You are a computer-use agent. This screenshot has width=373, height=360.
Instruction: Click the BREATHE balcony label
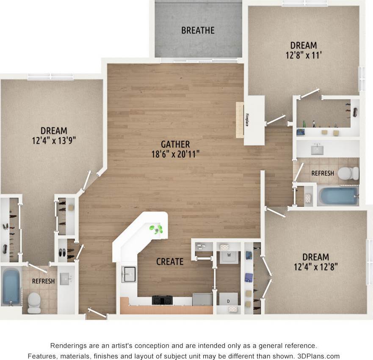(198, 30)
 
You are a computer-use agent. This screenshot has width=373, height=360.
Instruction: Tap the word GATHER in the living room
(175, 144)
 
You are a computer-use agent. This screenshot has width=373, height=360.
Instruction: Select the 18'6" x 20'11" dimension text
(175, 154)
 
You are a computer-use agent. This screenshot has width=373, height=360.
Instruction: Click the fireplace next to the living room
(240, 120)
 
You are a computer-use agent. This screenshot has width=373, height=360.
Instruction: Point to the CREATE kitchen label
(170, 262)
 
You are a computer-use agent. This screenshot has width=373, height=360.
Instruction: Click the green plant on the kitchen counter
(156, 229)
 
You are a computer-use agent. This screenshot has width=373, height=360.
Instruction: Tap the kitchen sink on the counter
(128, 274)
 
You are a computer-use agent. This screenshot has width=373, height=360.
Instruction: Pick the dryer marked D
(229, 299)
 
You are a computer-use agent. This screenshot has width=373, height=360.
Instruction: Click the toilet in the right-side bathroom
(349, 173)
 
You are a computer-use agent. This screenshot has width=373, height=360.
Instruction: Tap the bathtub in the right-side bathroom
(338, 196)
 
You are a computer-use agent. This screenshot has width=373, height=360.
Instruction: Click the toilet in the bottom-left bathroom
(34, 302)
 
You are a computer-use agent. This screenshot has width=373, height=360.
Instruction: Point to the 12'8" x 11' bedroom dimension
(304, 55)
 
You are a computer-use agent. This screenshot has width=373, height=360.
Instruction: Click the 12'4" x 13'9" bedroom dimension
(54, 140)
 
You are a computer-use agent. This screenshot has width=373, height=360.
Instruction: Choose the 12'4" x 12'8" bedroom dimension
(315, 267)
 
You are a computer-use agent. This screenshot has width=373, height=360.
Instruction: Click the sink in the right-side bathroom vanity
(316, 149)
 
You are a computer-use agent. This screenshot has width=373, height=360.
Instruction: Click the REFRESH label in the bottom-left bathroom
(43, 281)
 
